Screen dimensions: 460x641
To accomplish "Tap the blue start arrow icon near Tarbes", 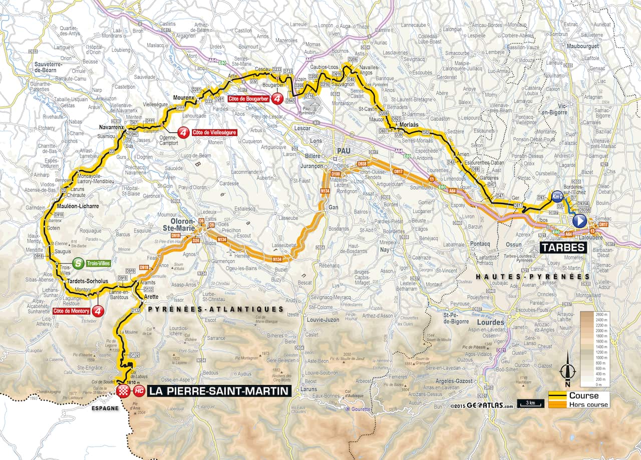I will pyautogui.click(x=579, y=221).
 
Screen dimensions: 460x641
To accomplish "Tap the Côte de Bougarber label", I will pyautogui.click(x=248, y=99).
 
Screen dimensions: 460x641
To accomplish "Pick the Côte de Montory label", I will pyautogui.click(x=71, y=311).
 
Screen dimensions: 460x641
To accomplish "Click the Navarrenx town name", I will pyautogui.click(x=111, y=128).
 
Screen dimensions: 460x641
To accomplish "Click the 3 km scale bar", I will pyautogui.click(x=531, y=403).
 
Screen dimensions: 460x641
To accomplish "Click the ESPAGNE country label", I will pyautogui.click(x=105, y=407).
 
